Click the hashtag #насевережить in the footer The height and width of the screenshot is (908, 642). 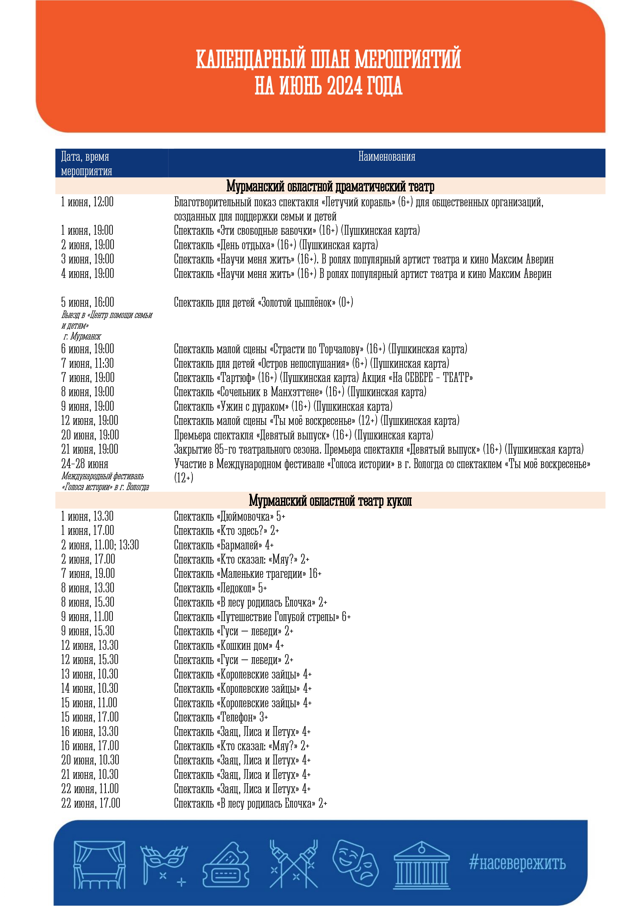[x=517, y=862]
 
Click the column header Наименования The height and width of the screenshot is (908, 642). [x=386, y=157]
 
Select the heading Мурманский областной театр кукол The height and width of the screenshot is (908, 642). [x=330, y=501]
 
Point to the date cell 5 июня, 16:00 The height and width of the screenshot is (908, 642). [x=87, y=302]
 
